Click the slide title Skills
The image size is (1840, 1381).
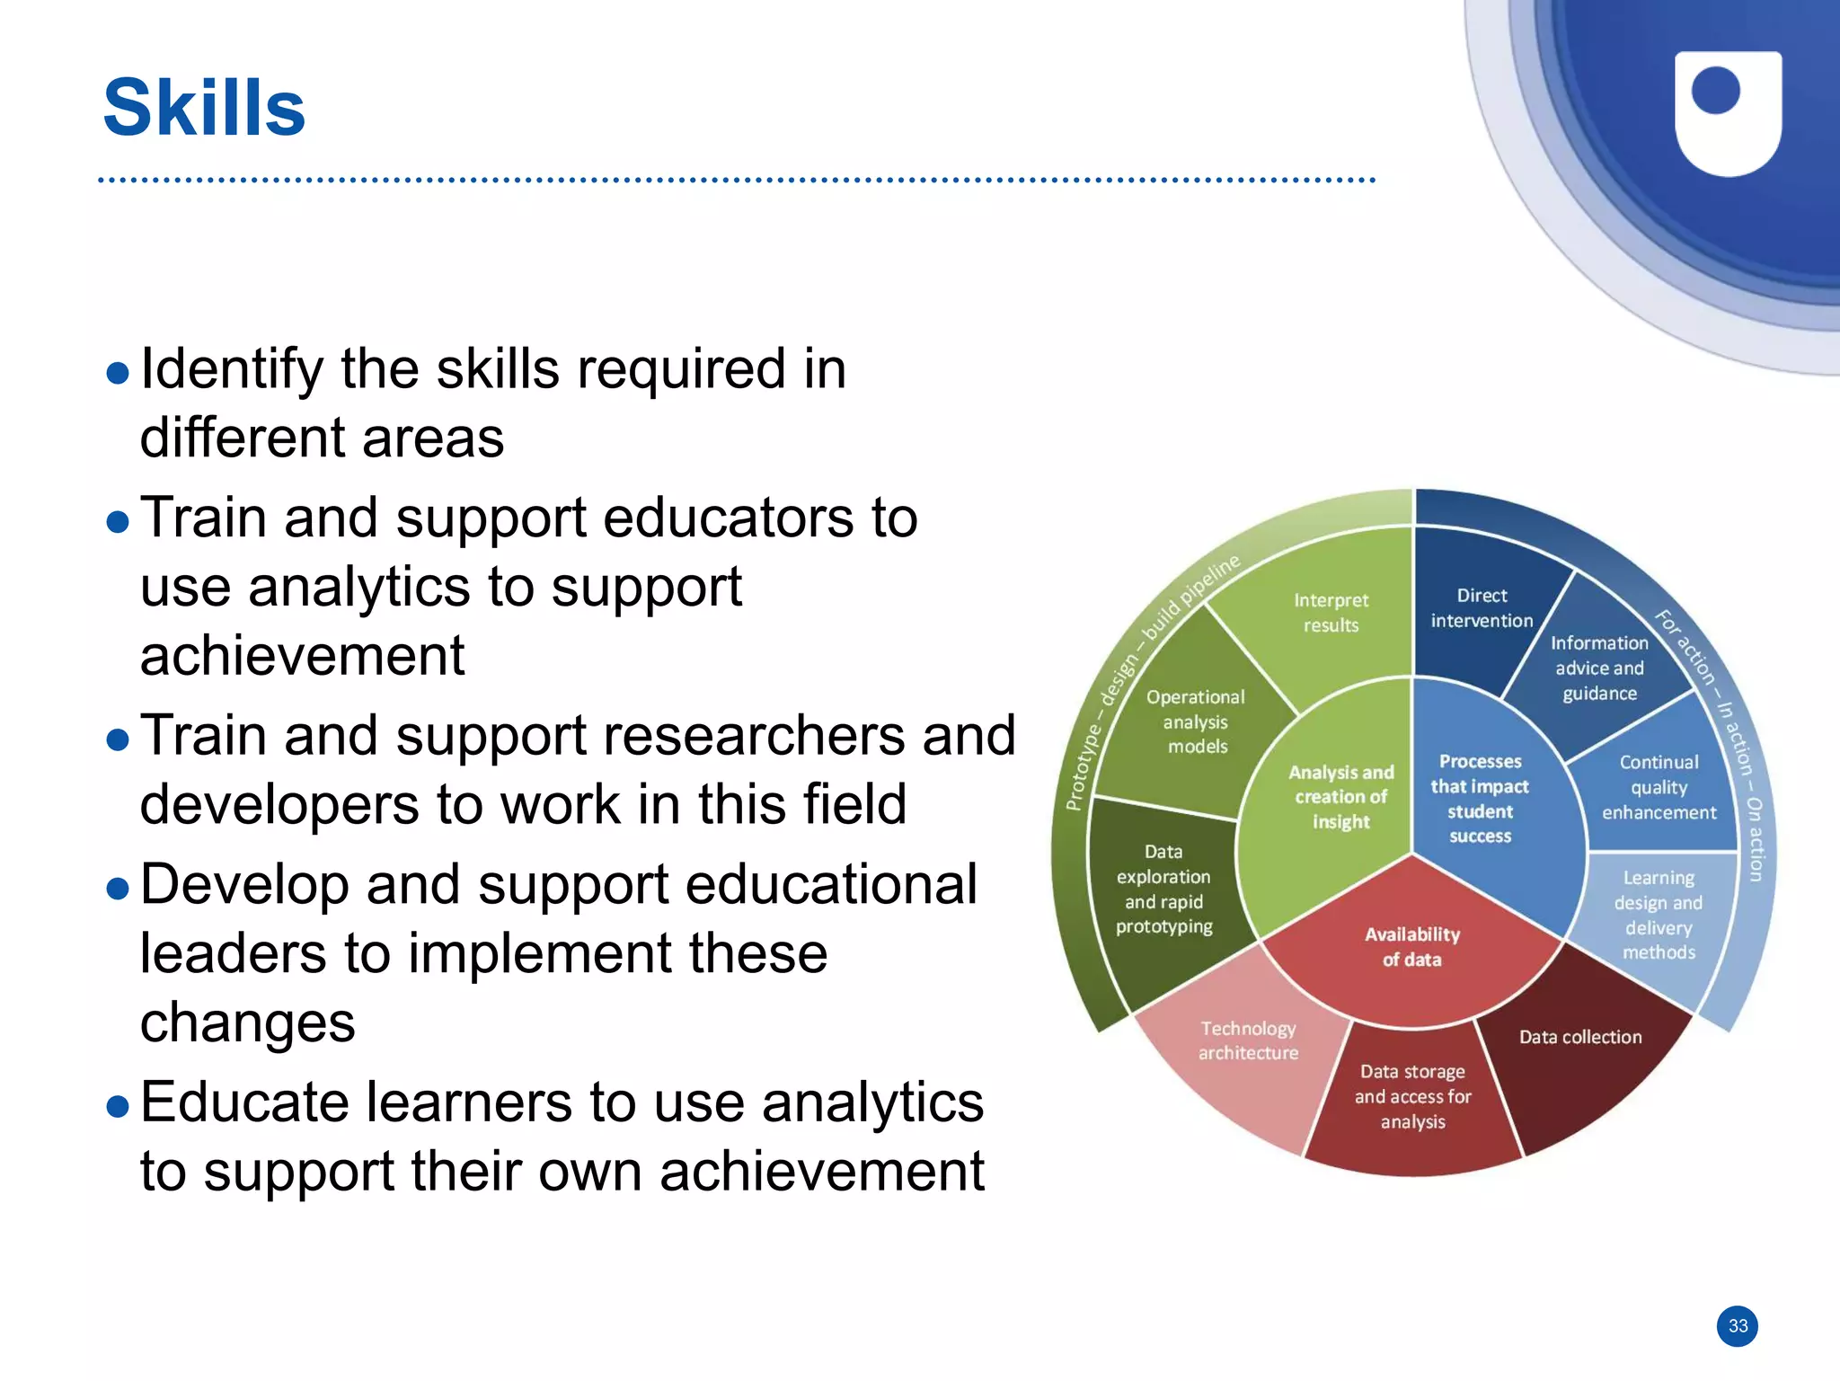pyautogui.click(x=204, y=108)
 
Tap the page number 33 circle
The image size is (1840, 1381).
pyautogui.click(x=1738, y=1326)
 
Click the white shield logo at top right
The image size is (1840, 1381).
pyautogui.click(x=1727, y=112)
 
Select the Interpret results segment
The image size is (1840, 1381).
pyautogui.click(x=1331, y=613)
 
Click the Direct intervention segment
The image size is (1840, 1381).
pyautogui.click(x=1482, y=608)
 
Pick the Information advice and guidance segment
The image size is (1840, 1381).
pyautogui.click(x=1599, y=668)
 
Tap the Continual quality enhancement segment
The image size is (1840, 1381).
pyautogui.click(x=1659, y=788)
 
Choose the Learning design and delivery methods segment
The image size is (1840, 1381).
pyautogui.click(x=1658, y=915)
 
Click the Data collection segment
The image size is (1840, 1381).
pyautogui.click(x=1580, y=1037)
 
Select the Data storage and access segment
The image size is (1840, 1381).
pyautogui.click(x=1412, y=1096)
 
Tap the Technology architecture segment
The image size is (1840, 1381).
pyautogui.click(x=1248, y=1040)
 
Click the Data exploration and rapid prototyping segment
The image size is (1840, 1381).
pyautogui.click(x=1163, y=890)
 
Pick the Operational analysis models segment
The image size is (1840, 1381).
pyautogui.click(x=1195, y=721)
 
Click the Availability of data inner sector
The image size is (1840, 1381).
pyautogui.click(x=1411, y=947)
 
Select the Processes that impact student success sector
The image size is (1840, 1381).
pyautogui.click(x=1480, y=799)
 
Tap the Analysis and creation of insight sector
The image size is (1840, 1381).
pyautogui.click(x=1340, y=797)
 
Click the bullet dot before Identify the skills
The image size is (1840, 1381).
pyautogui.click(x=118, y=373)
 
